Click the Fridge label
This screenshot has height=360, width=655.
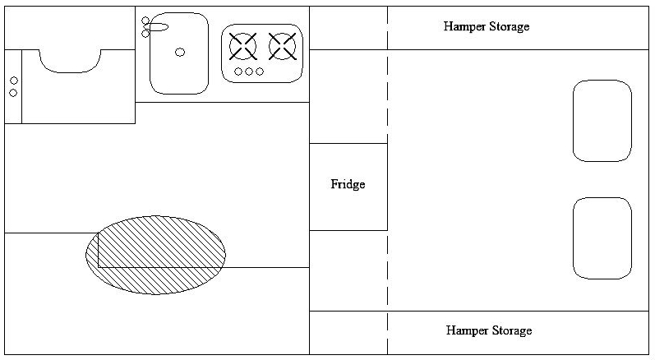click(x=348, y=184)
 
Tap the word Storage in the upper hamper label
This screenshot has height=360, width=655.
click(x=510, y=27)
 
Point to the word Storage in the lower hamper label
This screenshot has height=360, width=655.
click(x=512, y=330)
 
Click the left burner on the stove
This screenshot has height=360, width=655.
click(x=242, y=46)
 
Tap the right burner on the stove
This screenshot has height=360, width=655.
click(x=283, y=46)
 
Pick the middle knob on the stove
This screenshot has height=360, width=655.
click(x=249, y=72)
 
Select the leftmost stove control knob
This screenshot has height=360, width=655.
click(x=238, y=72)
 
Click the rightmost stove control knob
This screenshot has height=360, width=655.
click(x=260, y=72)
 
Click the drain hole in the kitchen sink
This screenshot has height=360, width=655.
click(x=180, y=53)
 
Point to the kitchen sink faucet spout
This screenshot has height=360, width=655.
click(x=159, y=27)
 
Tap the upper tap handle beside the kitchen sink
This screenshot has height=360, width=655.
click(x=145, y=21)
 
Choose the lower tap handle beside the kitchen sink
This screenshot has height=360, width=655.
click(x=145, y=34)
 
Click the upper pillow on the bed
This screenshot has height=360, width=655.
click(x=602, y=121)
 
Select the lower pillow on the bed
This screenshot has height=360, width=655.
click(x=602, y=238)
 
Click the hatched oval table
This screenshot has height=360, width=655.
click(x=155, y=255)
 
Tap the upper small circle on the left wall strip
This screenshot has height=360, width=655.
click(x=14, y=81)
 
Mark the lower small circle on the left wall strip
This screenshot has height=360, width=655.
click(x=13, y=93)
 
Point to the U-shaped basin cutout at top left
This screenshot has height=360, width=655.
click(x=70, y=72)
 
